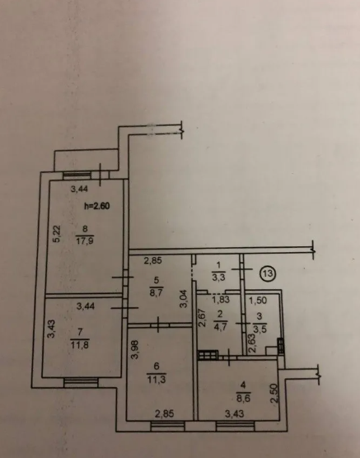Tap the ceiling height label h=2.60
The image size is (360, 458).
pos(97,206)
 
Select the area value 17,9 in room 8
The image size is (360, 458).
pos(85,241)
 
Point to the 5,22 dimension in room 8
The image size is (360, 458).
pos(57,234)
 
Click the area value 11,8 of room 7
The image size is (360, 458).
pos(80,345)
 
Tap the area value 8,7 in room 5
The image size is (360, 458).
pos(157,292)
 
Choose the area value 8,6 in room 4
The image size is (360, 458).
pos(243,399)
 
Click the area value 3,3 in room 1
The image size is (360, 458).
pos(218,278)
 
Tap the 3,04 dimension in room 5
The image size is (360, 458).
pos(184,298)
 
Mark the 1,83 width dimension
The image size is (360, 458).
pos(221,300)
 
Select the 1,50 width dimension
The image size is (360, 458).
pos(258,301)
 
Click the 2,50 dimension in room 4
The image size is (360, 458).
pos(274,394)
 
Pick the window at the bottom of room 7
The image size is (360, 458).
pos(81,382)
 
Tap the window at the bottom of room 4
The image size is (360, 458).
pos(236,426)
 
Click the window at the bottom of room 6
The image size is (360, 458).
pos(168,426)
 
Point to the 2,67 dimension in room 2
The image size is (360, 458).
pos(203,318)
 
